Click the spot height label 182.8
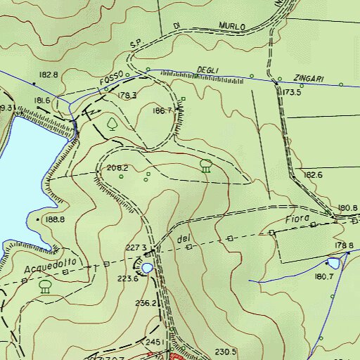coord(49,74)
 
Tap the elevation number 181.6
coord(42,101)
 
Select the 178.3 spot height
coord(127,95)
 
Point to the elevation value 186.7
coord(162,110)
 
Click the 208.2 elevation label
coord(117,168)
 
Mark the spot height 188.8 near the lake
coord(55,219)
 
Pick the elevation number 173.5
coord(292,92)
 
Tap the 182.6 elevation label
coord(313,174)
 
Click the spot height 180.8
coord(347,207)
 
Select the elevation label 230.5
coord(224,352)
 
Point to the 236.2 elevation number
coord(145,303)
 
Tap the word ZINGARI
coord(309,79)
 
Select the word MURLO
coord(231,27)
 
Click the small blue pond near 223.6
coord(146,268)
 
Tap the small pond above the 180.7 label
coord(333,263)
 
